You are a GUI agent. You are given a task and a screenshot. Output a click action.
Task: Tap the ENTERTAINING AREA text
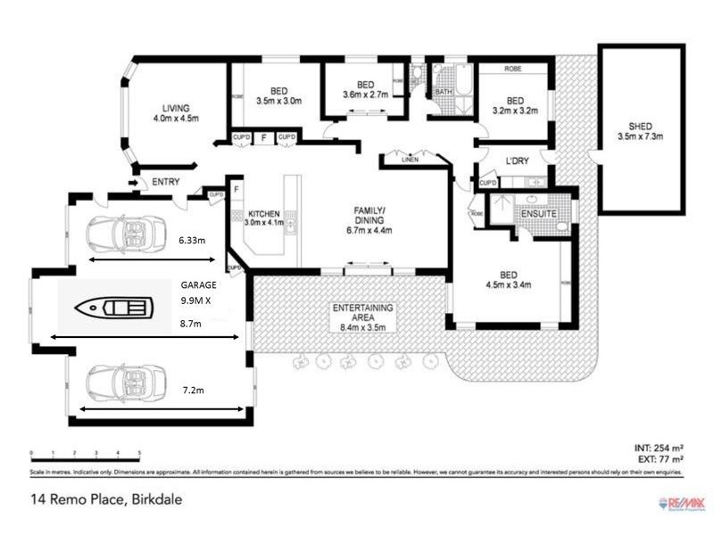(x=363, y=313)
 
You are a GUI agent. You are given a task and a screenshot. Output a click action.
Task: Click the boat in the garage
(x=114, y=309)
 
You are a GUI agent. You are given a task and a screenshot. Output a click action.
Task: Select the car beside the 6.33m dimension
(x=126, y=234)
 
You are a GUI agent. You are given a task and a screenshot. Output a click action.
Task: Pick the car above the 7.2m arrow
(x=126, y=383)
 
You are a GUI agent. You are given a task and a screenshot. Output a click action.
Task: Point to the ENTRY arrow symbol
(x=134, y=183)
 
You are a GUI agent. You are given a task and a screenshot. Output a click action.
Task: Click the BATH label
(x=444, y=91)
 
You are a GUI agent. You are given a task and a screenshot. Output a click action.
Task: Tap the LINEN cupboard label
(x=410, y=160)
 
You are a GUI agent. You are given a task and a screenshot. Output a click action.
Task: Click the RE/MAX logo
(x=679, y=504)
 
